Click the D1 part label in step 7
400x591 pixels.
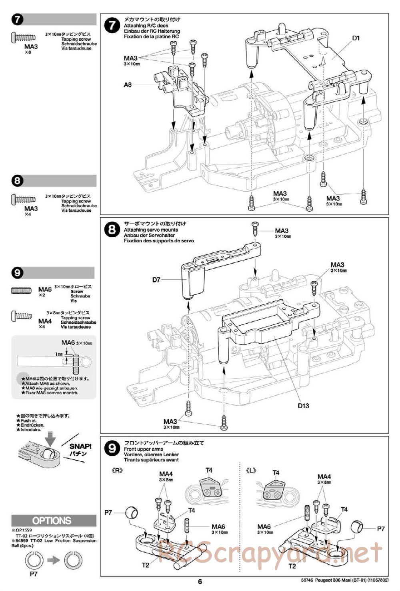point(356,38)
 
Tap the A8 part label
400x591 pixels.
point(128,85)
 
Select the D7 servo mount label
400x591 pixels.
point(156,280)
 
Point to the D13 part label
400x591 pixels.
point(303,405)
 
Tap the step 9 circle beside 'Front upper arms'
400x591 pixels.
point(112,449)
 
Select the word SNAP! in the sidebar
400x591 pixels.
point(80,447)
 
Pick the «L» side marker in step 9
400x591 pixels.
point(252,471)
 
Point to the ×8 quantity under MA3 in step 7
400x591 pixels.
point(27,52)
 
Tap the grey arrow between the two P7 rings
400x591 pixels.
point(53,560)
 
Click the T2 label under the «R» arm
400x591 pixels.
point(145,565)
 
